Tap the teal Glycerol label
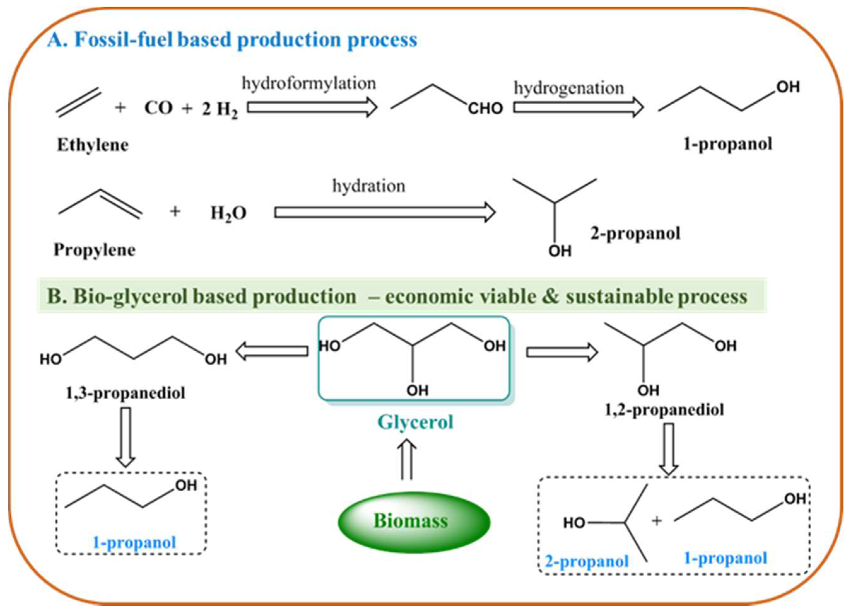click(415, 423)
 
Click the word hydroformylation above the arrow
click(308, 83)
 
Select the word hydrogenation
click(569, 89)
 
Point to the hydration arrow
click(385, 213)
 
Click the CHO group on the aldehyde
click(485, 109)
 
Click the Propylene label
click(95, 250)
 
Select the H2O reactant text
click(228, 213)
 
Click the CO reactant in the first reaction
click(158, 108)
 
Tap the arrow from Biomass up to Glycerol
click(407, 460)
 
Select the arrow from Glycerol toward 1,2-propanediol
click(562, 352)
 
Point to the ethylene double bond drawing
click(79, 102)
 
